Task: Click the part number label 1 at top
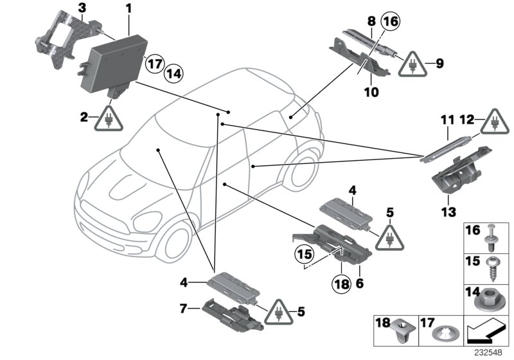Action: pyautogui.click(x=128, y=9)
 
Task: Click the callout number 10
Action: pyautogui.click(x=372, y=92)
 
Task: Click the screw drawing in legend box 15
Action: pyautogui.click(x=495, y=269)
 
